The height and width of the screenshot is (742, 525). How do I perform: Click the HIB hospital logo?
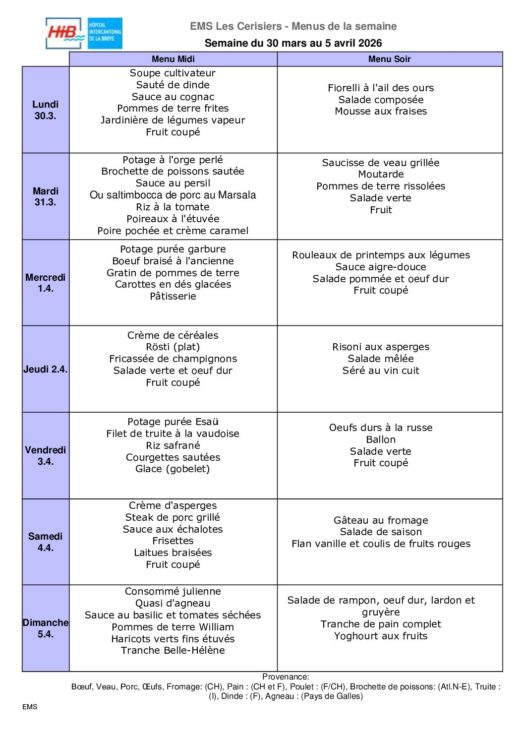[x=84, y=33]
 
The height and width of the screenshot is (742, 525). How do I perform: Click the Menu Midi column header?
[x=173, y=59]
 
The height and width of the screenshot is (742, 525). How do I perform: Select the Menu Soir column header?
[x=389, y=59]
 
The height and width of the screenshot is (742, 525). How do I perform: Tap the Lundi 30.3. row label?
[x=45, y=110]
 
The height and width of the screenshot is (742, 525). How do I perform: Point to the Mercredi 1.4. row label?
[x=45, y=283]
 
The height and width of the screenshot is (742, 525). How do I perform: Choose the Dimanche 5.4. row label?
[x=45, y=628]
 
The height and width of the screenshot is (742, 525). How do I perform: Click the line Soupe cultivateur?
[x=173, y=73]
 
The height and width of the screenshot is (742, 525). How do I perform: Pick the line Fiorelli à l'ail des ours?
[x=380, y=88]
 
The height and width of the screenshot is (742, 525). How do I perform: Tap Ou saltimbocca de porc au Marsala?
[x=173, y=195]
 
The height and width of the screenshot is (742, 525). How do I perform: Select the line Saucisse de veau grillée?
[x=380, y=163]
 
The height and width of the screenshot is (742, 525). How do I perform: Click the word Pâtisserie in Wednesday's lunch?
[x=173, y=296]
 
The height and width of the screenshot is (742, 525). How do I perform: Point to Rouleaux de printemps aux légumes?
[x=380, y=255]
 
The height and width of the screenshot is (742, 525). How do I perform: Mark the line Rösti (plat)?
[x=173, y=347]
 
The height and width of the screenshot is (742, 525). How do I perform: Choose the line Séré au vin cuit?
[x=380, y=371]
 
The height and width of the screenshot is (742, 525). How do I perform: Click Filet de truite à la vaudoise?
[x=173, y=433]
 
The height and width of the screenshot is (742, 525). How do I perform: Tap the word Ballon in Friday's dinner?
[x=380, y=439]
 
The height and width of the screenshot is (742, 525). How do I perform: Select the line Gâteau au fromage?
[x=380, y=520]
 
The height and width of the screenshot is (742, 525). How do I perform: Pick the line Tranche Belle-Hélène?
[x=173, y=650]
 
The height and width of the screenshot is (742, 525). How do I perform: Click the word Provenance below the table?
[x=285, y=677]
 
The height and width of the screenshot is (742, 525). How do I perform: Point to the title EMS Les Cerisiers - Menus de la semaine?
[x=293, y=26]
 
